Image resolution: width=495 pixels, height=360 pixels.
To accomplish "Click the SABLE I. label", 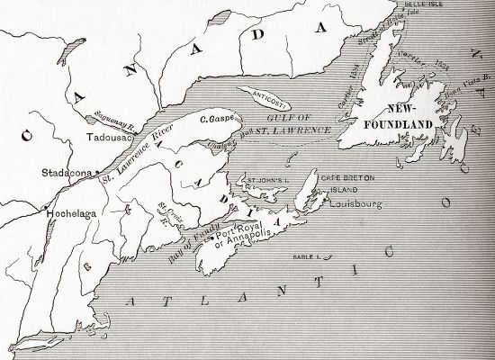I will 305,258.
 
